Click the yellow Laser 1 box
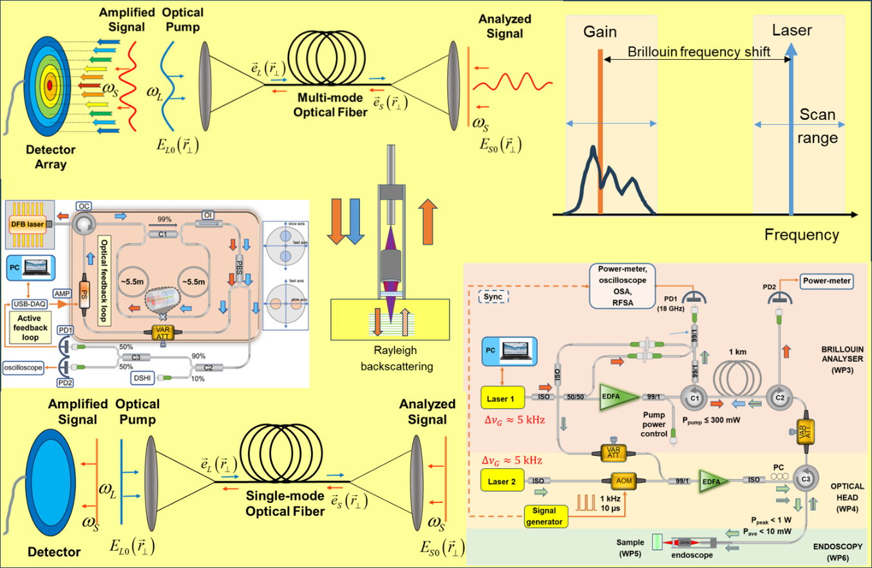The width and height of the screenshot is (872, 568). (504, 398)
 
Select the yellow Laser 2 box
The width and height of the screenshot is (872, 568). (504, 480)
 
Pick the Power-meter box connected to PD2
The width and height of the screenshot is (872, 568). (826, 281)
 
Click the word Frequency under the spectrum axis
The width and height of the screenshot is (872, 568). (802, 234)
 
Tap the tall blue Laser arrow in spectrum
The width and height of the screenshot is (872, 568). (791, 129)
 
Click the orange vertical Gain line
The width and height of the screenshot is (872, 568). (600, 129)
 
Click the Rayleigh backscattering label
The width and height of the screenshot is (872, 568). (381, 361)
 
